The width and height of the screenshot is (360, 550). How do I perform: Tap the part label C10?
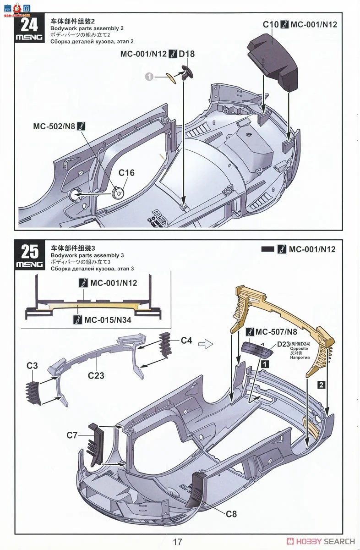[269, 24]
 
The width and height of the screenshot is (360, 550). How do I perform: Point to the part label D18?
[186, 54]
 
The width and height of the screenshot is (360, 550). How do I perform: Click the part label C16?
[127, 173]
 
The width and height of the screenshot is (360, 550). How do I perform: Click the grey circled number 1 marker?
[149, 77]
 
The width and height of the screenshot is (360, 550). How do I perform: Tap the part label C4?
[186, 341]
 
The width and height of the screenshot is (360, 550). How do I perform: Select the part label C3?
[32, 366]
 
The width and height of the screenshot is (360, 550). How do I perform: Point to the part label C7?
[72, 435]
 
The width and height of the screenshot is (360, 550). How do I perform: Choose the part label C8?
[231, 514]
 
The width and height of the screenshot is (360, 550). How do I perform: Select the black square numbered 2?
[322, 385]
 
